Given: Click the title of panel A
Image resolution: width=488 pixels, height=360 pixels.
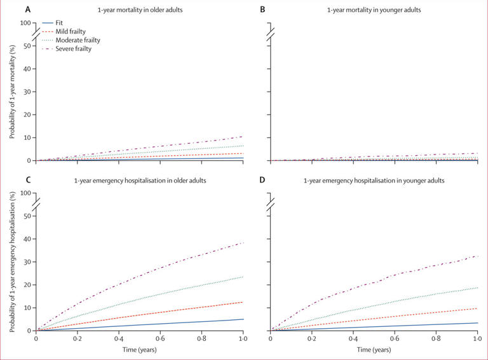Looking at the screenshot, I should click(140, 10).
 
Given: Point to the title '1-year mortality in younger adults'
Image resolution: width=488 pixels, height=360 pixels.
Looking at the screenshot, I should click(375, 10).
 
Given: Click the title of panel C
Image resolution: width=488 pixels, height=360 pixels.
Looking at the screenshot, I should click(140, 181).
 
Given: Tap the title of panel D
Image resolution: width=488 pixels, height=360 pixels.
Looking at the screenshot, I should click(375, 181).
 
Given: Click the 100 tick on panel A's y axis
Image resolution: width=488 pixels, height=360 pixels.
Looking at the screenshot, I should click(26, 24).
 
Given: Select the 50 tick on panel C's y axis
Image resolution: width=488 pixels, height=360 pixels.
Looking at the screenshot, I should click(27, 216).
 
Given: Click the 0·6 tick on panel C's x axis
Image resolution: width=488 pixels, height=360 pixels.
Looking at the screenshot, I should click(160, 340).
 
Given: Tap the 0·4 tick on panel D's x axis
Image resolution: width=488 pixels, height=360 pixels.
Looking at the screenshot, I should click(354, 340).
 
